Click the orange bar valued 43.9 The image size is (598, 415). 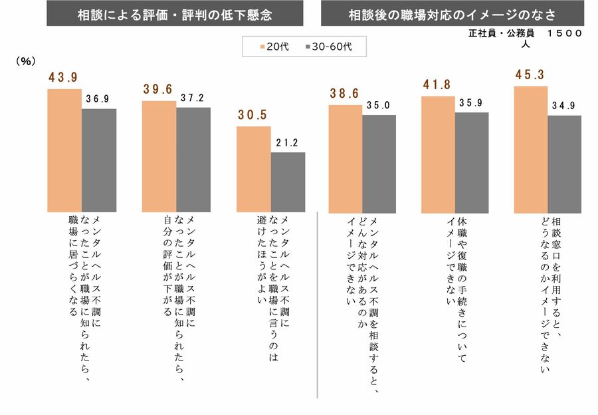[64, 150]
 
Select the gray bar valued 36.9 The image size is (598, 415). [99, 160]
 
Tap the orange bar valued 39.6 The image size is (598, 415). [159, 156]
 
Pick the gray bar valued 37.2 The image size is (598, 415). [193, 159]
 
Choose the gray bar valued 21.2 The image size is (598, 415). [288, 182]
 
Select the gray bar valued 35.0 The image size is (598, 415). [379, 163]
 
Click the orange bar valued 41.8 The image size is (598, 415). [438, 154]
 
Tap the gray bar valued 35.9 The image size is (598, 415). [472, 162]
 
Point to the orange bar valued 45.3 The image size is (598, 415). [531, 148]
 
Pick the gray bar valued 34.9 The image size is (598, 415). [565, 163]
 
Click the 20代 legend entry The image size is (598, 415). [269, 47]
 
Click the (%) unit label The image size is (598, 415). [25, 61]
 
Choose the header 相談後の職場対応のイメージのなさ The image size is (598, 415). [452, 14]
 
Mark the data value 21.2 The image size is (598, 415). [288, 142]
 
